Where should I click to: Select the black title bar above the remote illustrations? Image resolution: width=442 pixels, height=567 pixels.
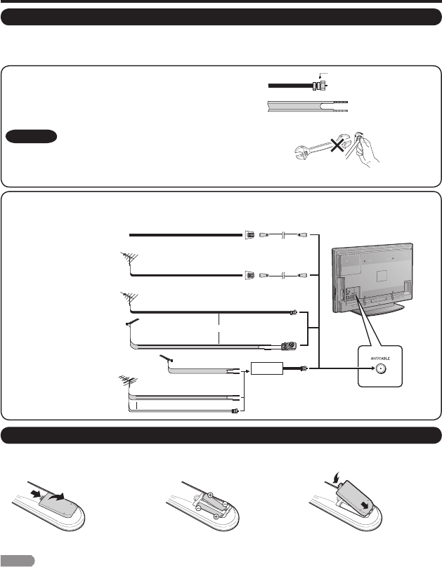[221, 436]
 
